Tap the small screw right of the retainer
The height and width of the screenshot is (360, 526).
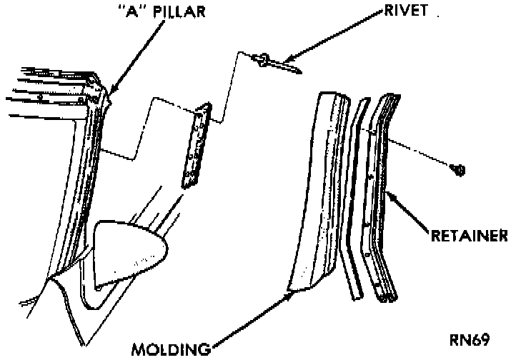pyautogui.click(x=458, y=169)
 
